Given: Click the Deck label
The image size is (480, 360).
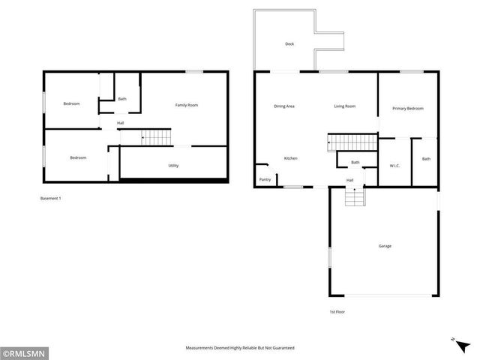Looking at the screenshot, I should point(289,44).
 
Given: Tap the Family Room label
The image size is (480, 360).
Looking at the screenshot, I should point(187,105).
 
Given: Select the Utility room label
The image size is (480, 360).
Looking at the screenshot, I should point(173,166).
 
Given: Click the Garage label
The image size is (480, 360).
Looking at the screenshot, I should point(384,246).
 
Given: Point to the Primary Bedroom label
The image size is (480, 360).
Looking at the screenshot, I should point(408,109).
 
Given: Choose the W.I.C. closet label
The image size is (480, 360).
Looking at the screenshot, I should point(394,166).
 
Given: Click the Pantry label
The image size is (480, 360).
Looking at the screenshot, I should point(265,180).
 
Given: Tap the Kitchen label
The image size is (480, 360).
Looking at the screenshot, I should point(291,158).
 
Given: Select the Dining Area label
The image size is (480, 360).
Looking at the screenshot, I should point(284,106).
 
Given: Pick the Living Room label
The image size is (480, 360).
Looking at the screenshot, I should point(344,106).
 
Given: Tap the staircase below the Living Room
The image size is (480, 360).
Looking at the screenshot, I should point(351,142).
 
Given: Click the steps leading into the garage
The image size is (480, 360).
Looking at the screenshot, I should point(355,197).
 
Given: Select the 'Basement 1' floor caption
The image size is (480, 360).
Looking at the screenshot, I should point(50,198).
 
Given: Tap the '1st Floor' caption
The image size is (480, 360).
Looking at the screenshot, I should point(337,311).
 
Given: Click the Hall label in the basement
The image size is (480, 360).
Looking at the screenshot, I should point(120,123).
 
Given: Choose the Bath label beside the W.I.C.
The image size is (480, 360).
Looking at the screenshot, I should point(426,159).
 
